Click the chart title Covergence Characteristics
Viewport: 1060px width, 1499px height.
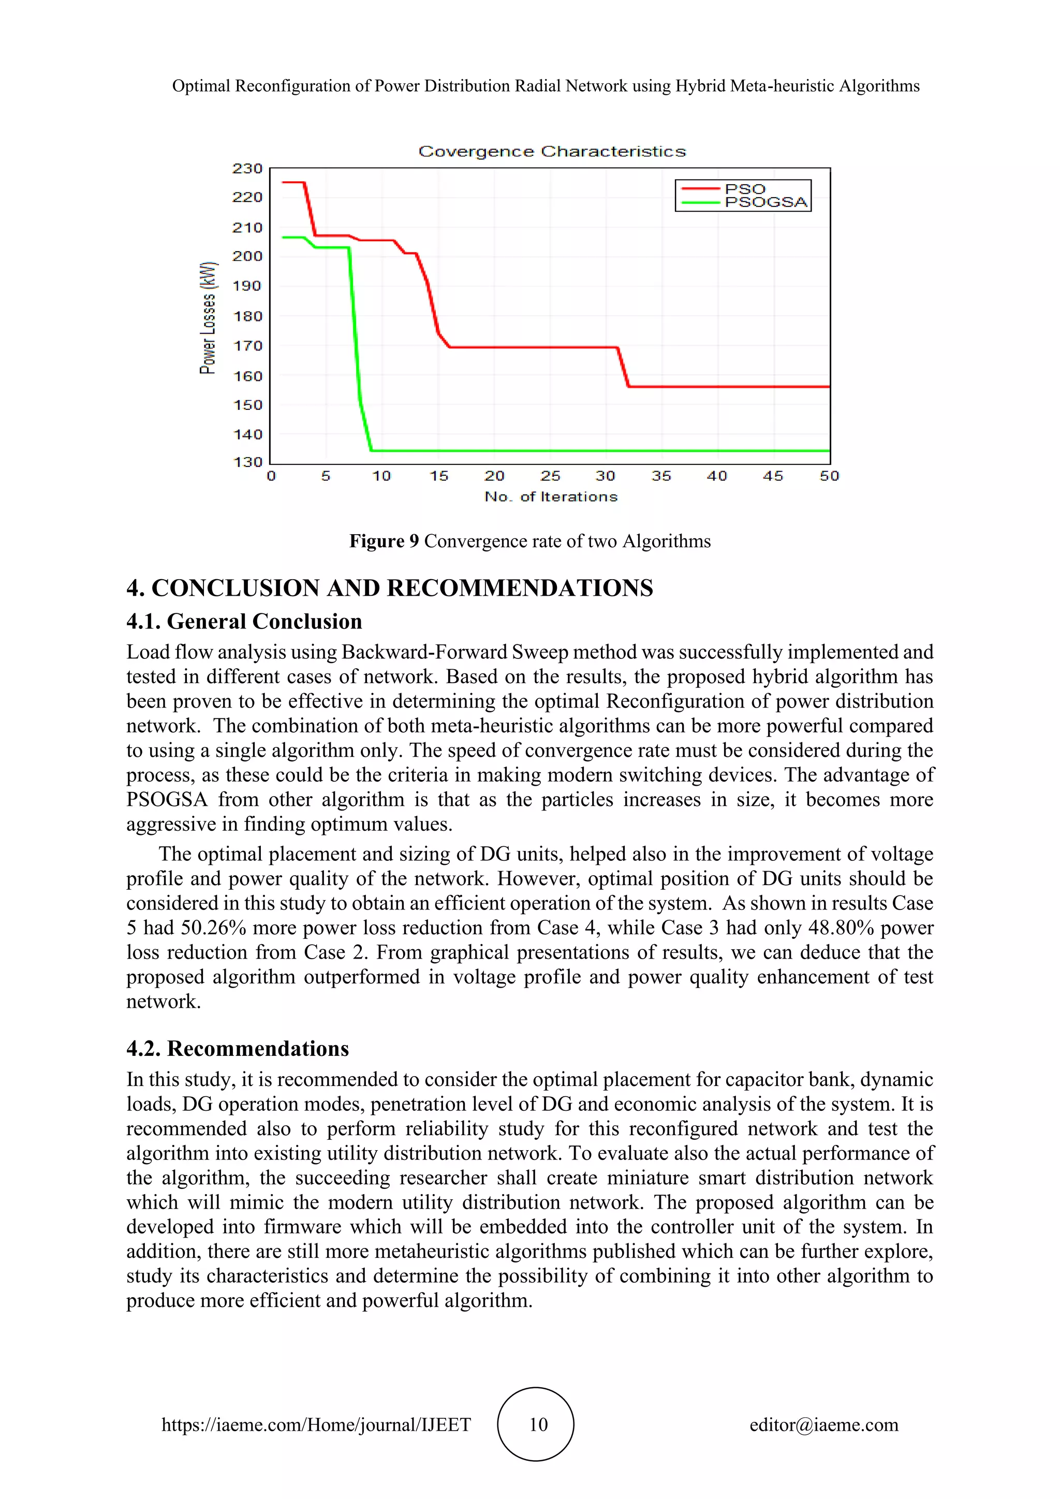pos(552,152)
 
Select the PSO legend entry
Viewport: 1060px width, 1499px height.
pos(744,189)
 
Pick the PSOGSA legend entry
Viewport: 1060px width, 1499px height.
pos(765,202)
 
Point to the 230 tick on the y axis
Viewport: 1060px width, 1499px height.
pos(247,168)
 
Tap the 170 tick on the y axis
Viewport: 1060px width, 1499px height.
pos(247,346)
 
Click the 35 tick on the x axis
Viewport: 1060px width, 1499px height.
pos(660,476)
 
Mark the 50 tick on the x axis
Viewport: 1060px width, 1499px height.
pos(829,476)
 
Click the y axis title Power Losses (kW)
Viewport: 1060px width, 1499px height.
pos(208,318)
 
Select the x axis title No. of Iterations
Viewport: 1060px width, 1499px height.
pos(551,497)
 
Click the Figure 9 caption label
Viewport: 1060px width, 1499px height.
pos(384,541)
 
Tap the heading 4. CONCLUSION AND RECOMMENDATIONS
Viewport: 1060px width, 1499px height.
pos(389,588)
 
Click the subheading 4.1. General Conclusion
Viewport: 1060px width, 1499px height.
pos(244,622)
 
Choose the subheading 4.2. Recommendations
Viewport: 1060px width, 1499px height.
pos(238,1049)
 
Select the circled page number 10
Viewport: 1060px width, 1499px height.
pos(537,1424)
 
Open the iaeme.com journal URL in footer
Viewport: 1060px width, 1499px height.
pos(316,1425)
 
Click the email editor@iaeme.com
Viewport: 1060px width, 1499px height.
pos(823,1425)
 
